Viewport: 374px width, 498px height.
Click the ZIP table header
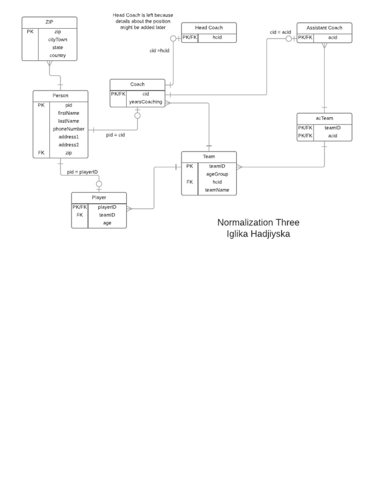pos(49,22)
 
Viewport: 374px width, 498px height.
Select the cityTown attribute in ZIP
pos(57,39)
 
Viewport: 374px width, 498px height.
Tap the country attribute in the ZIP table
pos(57,55)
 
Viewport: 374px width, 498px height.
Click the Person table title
pos(60,96)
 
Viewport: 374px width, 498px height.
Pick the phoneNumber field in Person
pos(69,129)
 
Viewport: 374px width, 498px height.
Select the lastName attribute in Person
pos(69,121)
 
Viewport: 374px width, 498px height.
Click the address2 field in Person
pos(69,145)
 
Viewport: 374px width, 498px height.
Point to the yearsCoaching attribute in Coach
pos(145,102)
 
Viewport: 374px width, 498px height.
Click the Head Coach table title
pos(208,28)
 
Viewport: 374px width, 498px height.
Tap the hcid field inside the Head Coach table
pos(217,37)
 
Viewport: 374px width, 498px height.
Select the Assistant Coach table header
pos(324,28)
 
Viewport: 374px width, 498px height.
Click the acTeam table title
pos(324,118)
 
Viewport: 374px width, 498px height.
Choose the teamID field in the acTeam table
pos(332,128)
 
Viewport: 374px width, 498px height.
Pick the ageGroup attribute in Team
pos(217,174)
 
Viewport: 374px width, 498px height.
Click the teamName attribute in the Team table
pos(217,190)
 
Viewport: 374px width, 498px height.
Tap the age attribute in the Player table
pos(107,223)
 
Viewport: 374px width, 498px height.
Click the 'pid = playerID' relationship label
pos(83,172)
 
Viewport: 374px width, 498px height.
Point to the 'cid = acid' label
pos(280,32)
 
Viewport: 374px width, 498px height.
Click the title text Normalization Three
pos(258,223)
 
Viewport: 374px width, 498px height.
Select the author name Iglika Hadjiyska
pos(258,234)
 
